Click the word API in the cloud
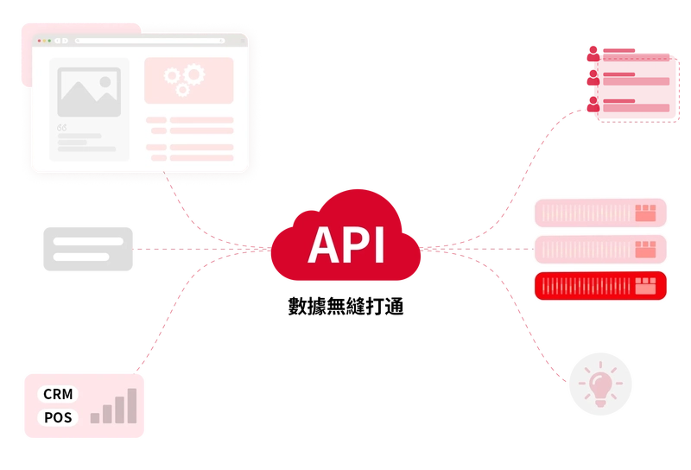coord(345,245)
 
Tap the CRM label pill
coord(59,394)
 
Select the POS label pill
coord(59,417)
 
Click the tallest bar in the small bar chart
coord(132,405)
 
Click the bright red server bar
coord(600,286)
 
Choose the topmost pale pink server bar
coord(600,213)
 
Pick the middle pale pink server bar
coord(600,249)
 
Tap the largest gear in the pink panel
coord(193,75)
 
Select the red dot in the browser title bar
coord(39,41)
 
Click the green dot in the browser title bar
coord(49,41)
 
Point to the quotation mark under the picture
coord(61,128)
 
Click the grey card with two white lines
coord(90,249)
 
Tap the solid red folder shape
coord(629,82)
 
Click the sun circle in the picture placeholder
coord(105,82)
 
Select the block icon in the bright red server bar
coord(645,286)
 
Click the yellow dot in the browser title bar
coord(44,41)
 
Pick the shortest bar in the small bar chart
coord(95,418)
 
